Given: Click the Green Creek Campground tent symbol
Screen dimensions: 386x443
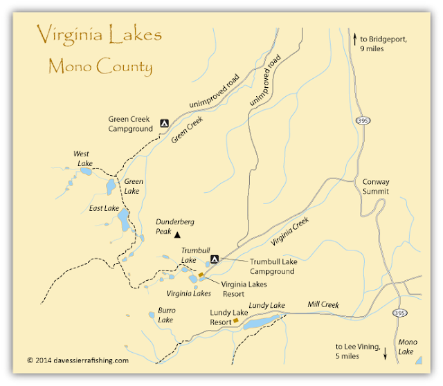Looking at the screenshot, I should tap(164, 123).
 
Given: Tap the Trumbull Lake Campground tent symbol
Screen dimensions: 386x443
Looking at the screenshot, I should tap(215, 260).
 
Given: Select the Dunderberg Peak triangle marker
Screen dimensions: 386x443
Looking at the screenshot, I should tap(177, 235).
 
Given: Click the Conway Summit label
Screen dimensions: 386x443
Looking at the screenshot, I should tap(377, 187).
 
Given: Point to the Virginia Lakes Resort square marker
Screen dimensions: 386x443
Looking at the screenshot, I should tap(201, 275).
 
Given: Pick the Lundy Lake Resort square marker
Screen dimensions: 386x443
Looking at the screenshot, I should tap(235, 321).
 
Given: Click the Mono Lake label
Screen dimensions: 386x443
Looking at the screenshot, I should tap(409, 347).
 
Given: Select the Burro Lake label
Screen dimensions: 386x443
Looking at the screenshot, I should tap(165, 315).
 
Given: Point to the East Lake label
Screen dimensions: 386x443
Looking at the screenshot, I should tap(105, 208).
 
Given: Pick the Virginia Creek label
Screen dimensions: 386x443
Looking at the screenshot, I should tap(291, 233).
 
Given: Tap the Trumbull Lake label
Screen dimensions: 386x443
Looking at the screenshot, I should tap(194, 255).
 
